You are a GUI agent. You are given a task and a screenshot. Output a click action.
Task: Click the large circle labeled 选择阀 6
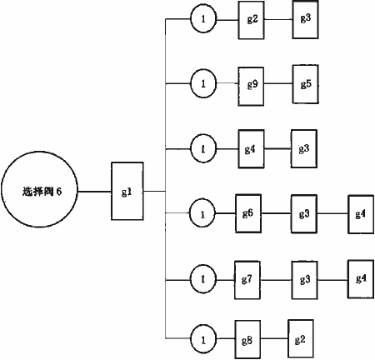[x=39, y=191]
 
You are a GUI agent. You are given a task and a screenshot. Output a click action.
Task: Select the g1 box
[x=127, y=191]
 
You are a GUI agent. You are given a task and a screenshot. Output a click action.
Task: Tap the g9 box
[x=251, y=87]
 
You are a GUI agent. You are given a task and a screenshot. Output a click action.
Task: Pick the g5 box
[x=305, y=84]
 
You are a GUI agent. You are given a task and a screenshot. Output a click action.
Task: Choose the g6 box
[x=248, y=213]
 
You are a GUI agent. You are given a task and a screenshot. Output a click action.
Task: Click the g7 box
[x=247, y=280]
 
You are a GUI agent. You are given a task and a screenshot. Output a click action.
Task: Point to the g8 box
[x=247, y=339]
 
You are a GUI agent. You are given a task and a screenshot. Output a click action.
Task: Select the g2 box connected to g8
[x=301, y=338]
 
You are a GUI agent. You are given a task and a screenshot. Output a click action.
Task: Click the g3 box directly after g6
[x=304, y=213]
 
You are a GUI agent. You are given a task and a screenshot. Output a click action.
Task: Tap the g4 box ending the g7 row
[x=361, y=279]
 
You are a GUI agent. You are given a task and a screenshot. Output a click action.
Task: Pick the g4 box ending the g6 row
[x=361, y=214]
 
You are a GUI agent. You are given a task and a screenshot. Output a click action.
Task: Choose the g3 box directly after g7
[x=304, y=280]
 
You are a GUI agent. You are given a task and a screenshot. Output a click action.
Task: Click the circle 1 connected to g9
[x=203, y=83]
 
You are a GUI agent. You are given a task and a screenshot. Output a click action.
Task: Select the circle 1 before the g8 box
[x=203, y=339]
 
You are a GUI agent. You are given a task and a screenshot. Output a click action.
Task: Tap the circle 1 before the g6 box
[x=202, y=213]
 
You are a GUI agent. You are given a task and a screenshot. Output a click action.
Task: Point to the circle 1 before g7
[x=203, y=279]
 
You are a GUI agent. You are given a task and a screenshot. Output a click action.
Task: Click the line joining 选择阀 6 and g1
[x=94, y=192]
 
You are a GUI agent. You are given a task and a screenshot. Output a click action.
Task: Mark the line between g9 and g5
[x=278, y=83]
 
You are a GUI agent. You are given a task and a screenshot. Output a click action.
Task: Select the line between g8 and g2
[x=274, y=338]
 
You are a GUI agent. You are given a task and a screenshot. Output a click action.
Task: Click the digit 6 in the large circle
[x=58, y=192]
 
